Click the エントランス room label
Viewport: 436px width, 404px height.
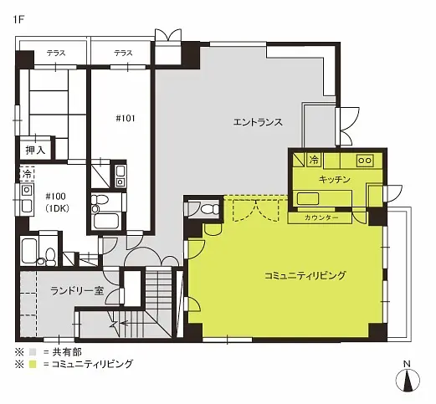click(x=258, y=122)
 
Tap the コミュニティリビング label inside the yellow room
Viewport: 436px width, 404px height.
click(x=305, y=275)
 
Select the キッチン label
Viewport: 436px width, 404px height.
click(x=334, y=179)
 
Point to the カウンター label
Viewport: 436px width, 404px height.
click(x=321, y=217)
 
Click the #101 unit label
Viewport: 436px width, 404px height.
click(x=126, y=119)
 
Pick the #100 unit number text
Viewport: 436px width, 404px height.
click(x=55, y=197)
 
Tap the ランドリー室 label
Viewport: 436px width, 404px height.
click(x=77, y=291)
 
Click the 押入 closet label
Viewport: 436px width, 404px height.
click(x=35, y=151)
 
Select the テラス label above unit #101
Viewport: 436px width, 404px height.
click(x=123, y=53)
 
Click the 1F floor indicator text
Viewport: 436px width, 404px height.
click(x=18, y=20)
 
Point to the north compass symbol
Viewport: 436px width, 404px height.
click(x=408, y=380)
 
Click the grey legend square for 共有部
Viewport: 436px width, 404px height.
click(x=33, y=352)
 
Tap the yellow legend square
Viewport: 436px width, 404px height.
click(x=33, y=364)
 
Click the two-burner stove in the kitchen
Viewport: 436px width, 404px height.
click(x=365, y=161)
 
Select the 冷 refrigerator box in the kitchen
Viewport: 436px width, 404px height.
click(x=314, y=160)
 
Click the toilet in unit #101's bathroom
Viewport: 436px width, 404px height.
click(x=99, y=202)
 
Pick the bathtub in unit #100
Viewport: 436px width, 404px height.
click(x=28, y=251)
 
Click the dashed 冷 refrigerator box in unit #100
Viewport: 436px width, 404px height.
click(x=27, y=174)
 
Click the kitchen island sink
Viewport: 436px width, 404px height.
click(x=308, y=199)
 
